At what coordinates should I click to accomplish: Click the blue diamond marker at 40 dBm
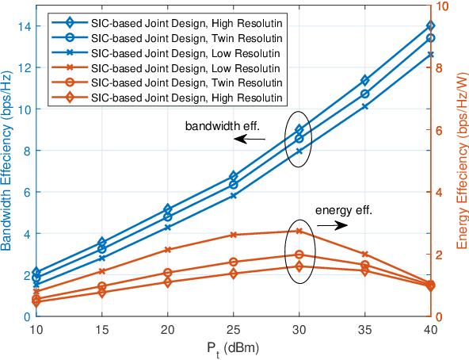point(430,26)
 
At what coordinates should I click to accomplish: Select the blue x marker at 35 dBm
point(364,106)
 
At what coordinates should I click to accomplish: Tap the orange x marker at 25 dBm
point(233,235)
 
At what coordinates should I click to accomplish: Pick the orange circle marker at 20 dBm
point(167,273)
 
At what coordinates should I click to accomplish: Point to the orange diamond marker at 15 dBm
point(101,293)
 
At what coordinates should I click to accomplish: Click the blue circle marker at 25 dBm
point(233,184)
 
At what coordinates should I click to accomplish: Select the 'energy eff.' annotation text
point(343,210)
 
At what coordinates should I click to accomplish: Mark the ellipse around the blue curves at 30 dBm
point(299,137)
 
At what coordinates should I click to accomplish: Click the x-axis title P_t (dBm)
point(233,347)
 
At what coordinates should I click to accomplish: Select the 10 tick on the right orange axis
point(444,6)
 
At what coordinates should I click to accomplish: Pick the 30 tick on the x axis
point(299,328)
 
